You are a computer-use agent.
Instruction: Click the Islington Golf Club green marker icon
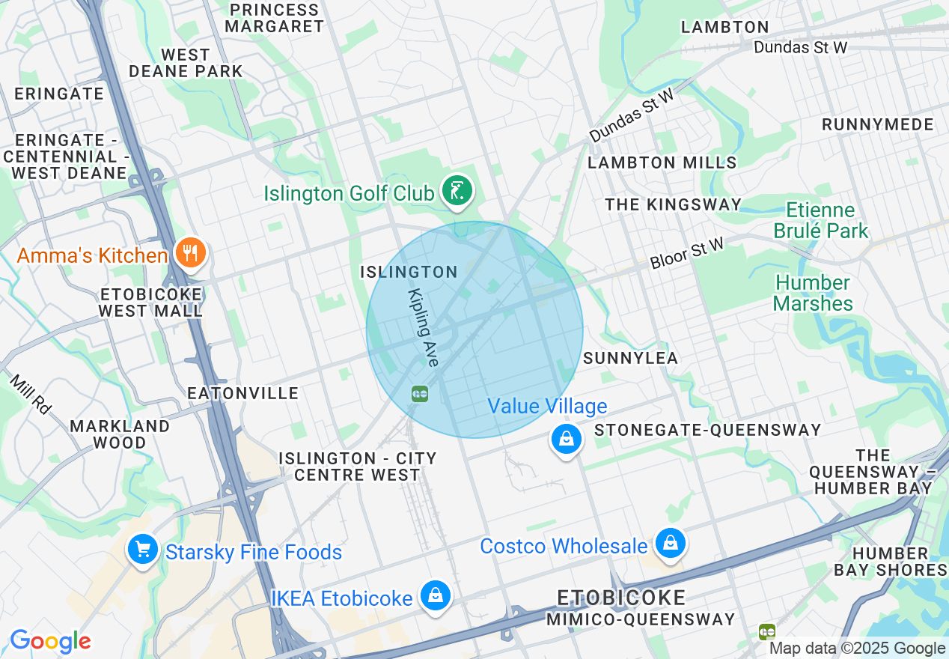[457, 191]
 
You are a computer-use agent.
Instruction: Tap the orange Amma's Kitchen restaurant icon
[191, 253]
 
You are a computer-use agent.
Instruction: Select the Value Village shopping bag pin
[567, 439]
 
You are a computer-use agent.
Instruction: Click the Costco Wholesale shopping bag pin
[671, 544]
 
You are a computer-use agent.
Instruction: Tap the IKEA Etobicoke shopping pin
[436, 596]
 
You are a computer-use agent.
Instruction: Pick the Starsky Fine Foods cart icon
[142, 550]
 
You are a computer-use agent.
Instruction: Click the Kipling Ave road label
[423, 327]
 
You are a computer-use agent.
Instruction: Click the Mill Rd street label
[31, 394]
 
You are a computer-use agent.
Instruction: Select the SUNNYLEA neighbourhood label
[630, 358]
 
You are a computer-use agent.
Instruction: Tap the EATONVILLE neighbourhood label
[243, 393]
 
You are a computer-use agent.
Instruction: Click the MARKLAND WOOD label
[120, 434]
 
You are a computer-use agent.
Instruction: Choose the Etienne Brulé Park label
[820, 220]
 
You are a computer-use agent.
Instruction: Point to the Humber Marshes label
[813, 293]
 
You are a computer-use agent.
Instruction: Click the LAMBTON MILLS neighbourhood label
[662, 163]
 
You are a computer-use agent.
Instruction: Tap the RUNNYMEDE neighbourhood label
[878, 124]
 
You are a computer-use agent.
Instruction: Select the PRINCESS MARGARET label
[275, 18]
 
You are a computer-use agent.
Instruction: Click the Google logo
[50, 641]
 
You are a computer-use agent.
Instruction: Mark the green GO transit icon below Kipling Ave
[419, 393]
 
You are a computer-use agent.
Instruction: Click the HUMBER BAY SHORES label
[890, 562]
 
